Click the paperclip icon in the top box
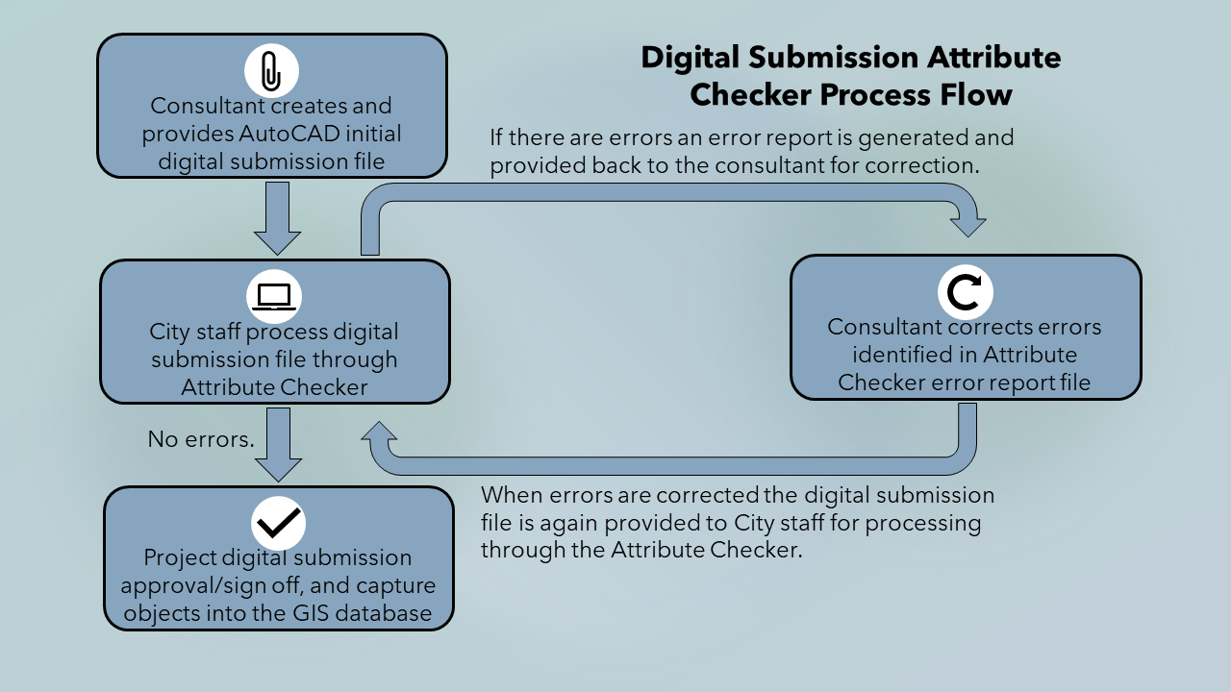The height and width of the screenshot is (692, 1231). tap(271, 70)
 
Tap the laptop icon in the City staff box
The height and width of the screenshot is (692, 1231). tap(275, 296)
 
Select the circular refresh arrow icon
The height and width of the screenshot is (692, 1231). tap(965, 292)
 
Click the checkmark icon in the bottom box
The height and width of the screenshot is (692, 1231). tap(278, 522)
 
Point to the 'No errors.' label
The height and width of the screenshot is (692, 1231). tap(201, 439)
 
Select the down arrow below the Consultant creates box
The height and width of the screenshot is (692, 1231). tap(278, 218)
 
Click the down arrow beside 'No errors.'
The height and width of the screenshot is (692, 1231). tap(278, 445)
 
